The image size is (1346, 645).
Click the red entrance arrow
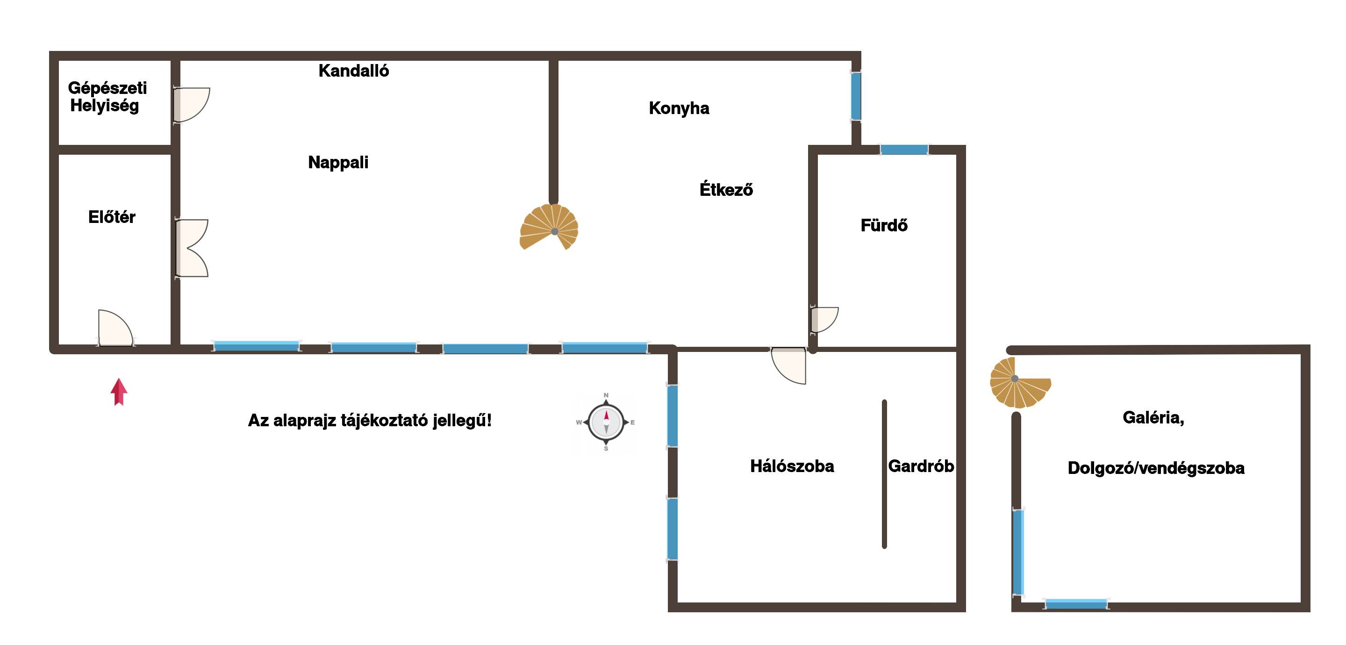[119, 392]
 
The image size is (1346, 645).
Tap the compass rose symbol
[606, 423]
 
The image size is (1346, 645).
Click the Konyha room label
[679, 108]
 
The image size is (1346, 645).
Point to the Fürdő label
[884, 225]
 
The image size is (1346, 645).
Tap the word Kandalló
[354, 71]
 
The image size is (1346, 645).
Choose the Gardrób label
[921, 466]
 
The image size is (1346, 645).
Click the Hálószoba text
[792, 466]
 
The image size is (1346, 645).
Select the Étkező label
[726, 189]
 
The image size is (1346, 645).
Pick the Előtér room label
[112, 217]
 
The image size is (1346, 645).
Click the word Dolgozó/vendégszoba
[1156, 468]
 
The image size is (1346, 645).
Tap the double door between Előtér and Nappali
[191, 248]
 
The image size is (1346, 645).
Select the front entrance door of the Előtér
[115, 329]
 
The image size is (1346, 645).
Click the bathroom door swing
[823, 319]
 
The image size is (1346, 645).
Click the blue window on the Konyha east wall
[856, 96]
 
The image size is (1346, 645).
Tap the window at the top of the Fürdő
[904, 150]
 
